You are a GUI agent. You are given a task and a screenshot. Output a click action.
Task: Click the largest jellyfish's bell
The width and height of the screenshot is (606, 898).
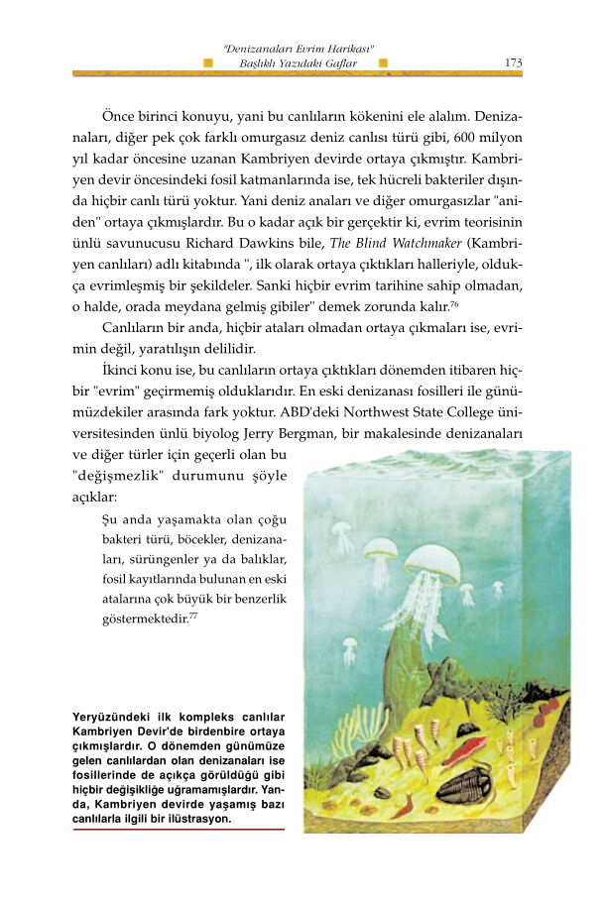pos(433,562)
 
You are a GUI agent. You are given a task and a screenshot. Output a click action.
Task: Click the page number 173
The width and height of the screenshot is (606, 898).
pos(513,62)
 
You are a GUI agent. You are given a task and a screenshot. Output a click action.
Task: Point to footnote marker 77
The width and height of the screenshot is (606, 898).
pos(193,617)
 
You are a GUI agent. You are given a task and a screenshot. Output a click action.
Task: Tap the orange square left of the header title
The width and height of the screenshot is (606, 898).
pos(207,62)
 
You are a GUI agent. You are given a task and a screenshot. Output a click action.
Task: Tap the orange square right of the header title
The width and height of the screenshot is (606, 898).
pos(384,62)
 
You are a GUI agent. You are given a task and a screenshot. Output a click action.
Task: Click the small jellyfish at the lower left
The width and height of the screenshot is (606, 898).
pos(349,650)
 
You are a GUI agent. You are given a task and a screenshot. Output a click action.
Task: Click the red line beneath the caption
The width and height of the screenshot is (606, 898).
pos(179,831)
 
